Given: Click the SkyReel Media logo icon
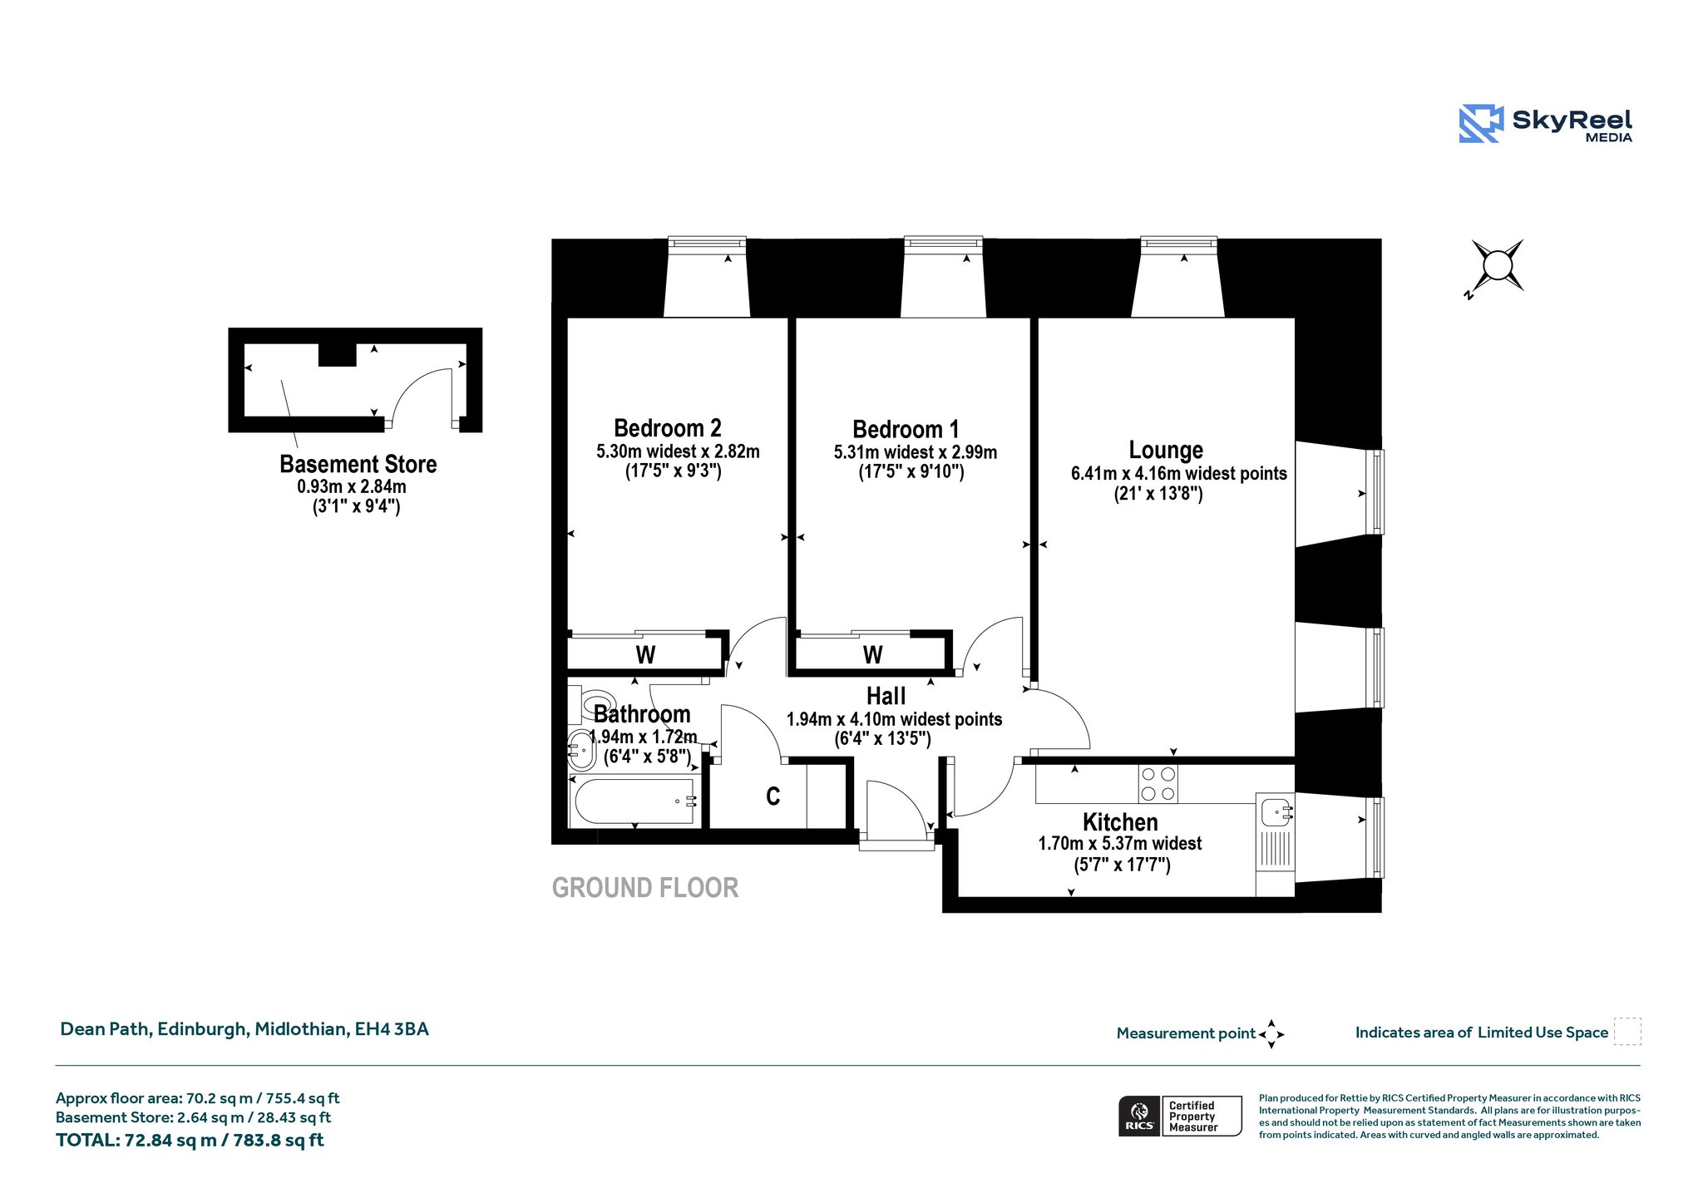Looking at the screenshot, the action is click(x=1481, y=124).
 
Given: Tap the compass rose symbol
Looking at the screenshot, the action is click(x=1497, y=266).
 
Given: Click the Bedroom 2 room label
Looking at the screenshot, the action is click(x=668, y=428).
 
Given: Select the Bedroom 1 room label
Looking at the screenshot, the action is click(x=906, y=430).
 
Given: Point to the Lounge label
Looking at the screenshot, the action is click(x=1166, y=450).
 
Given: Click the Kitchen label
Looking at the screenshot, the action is click(x=1120, y=822).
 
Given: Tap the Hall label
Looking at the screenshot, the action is click(x=886, y=696).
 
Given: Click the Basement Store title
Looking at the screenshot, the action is click(x=358, y=464).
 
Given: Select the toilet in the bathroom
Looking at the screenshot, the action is click(x=594, y=703).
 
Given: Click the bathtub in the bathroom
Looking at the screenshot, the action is click(x=634, y=801).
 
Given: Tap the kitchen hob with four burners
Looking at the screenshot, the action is click(x=1158, y=783).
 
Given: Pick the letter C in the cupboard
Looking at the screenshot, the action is click(x=773, y=796).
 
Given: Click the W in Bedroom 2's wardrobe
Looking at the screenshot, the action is click(x=646, y=655).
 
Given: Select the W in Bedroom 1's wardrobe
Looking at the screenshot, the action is click(x=872, y=655).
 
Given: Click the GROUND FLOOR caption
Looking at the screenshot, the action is click(x=645, y=888).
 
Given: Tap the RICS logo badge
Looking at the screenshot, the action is click(x=1138, y=1116).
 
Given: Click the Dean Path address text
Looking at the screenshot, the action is click(x=244, y=1029).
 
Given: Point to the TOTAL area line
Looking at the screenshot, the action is click(x=190, y=1140).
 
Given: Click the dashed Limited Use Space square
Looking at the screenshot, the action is click(x=1627, y=1032).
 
